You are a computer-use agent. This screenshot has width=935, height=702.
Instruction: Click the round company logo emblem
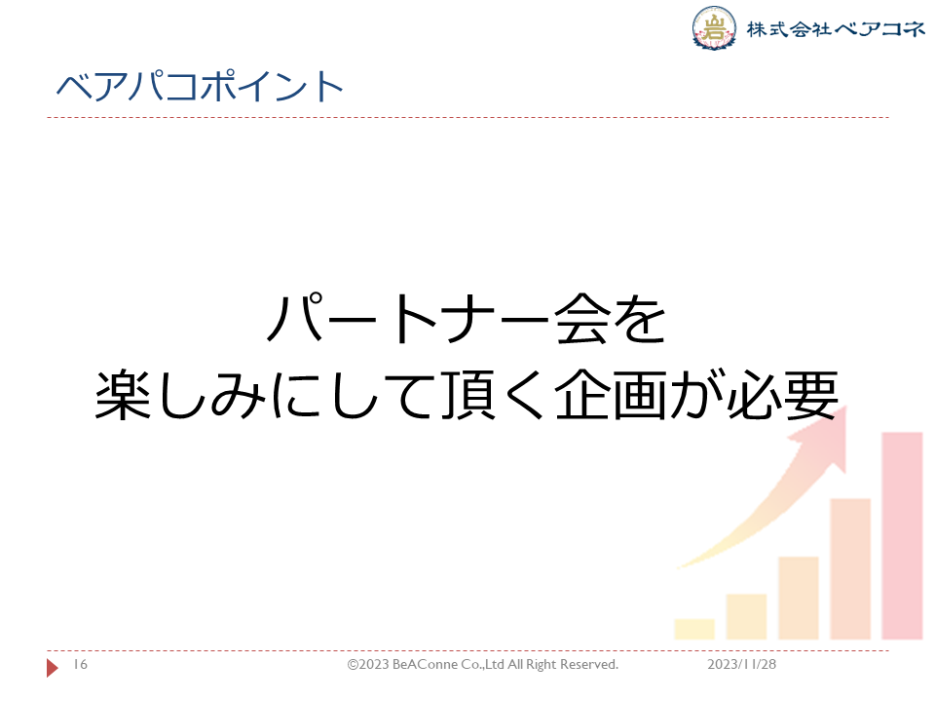point(714,28)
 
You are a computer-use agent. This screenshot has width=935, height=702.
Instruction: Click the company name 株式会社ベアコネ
point(836,29)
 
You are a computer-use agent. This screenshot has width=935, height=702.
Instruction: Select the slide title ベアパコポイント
point(200,86)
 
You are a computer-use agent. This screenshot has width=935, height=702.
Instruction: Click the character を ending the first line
point(639,320)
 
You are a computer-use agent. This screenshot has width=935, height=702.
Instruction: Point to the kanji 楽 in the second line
point(123,395)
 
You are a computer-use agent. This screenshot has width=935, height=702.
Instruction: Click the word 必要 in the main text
point(782,395)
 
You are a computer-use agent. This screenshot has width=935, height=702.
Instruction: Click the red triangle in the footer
point(52,667)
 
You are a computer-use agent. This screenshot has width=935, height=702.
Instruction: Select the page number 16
point(81,664)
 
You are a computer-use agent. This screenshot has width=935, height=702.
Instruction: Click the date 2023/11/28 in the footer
point(742,664)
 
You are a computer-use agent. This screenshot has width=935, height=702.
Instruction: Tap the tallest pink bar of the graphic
point(902,535)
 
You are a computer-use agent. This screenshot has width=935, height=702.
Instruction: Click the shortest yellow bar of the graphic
point(694,629)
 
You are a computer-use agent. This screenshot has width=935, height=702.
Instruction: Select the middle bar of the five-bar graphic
point(799,598)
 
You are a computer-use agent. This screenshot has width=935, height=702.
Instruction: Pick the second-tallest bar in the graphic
point(850,568)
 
